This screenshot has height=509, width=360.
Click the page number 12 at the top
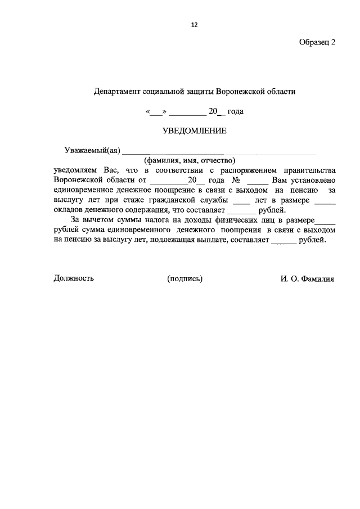(x=195, y=25)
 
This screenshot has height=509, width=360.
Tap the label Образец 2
(x=317, y=43)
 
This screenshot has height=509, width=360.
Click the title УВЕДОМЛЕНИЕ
(x=194, y=130)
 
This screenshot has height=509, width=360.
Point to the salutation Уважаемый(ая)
(x=93, y=150)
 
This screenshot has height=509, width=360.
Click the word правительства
(x=308, y=170)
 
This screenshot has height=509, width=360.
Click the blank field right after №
(x=258, y=181)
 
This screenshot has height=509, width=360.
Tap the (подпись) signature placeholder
(x=185, y=278)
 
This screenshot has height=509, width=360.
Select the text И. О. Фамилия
(x=307, y=278)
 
